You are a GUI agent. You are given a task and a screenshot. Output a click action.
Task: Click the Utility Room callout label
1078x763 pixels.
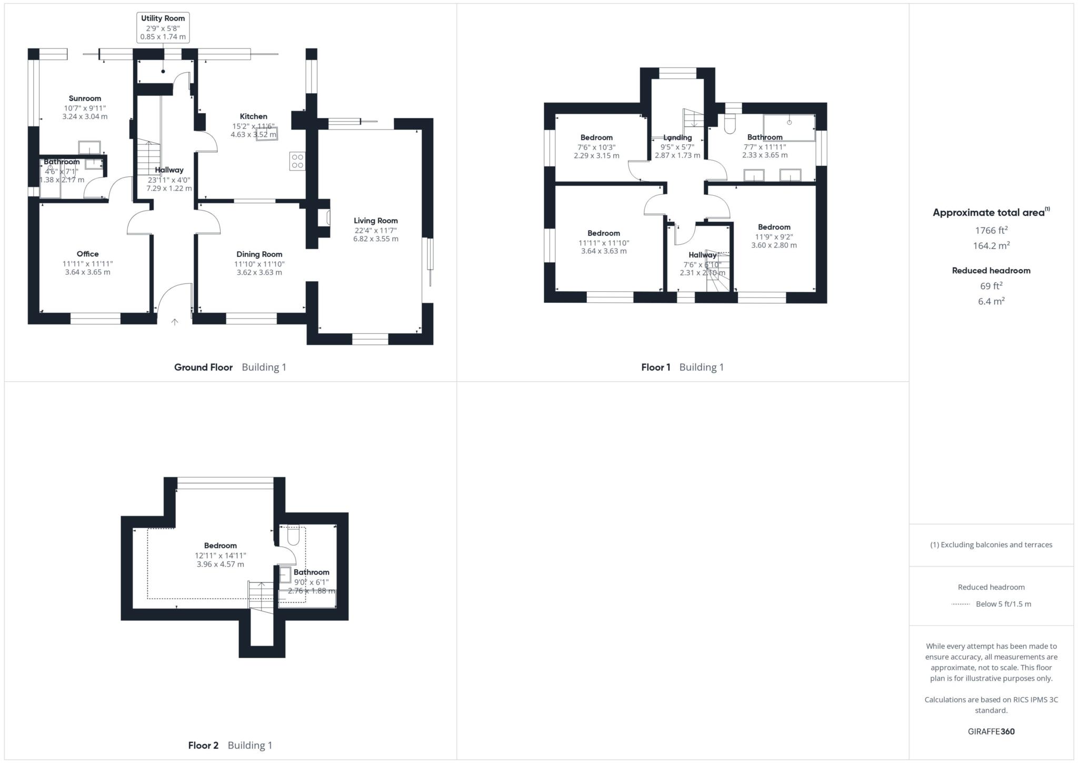[x=163, y=18]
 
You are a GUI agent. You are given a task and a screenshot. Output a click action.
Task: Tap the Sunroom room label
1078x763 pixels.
[x=85, y=98]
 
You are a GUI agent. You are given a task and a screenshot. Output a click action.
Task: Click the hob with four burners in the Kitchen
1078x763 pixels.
[x=297, y=161]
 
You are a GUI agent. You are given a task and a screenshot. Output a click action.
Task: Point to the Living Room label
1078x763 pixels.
[x=375, y=221]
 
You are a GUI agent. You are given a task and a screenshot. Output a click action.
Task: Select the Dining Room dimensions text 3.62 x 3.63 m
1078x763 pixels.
[x=259, y=272]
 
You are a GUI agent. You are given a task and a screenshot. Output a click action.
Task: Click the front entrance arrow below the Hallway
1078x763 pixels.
[x=175, y=321]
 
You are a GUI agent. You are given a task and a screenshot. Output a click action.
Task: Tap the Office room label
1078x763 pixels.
[x=87, y=254]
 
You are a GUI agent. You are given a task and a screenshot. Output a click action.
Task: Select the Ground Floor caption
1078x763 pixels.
[x=203, y=367]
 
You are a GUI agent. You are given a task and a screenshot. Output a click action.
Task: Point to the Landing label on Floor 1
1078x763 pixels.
[x=677, y=137]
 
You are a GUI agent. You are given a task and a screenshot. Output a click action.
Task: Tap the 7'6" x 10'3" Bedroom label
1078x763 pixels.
[x=596, y=137]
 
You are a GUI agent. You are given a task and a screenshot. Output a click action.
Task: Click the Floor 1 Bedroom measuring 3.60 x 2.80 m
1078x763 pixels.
[x=774, y=227]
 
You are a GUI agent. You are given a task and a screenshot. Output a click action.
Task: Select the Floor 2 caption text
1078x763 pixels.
[x=203, y=745]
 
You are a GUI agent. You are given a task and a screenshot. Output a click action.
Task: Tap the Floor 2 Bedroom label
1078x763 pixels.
[x=220, y=546]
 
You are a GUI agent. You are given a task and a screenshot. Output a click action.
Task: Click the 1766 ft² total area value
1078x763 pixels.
[x=991, y=230]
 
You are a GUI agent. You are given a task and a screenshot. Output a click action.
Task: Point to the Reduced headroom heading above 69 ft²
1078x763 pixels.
[x=991, y=271]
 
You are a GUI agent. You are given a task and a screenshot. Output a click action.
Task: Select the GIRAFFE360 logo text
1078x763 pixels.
[x=991, y=731]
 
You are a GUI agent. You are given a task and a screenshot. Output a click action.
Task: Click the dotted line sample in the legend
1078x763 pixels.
[x=961, y=605]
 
